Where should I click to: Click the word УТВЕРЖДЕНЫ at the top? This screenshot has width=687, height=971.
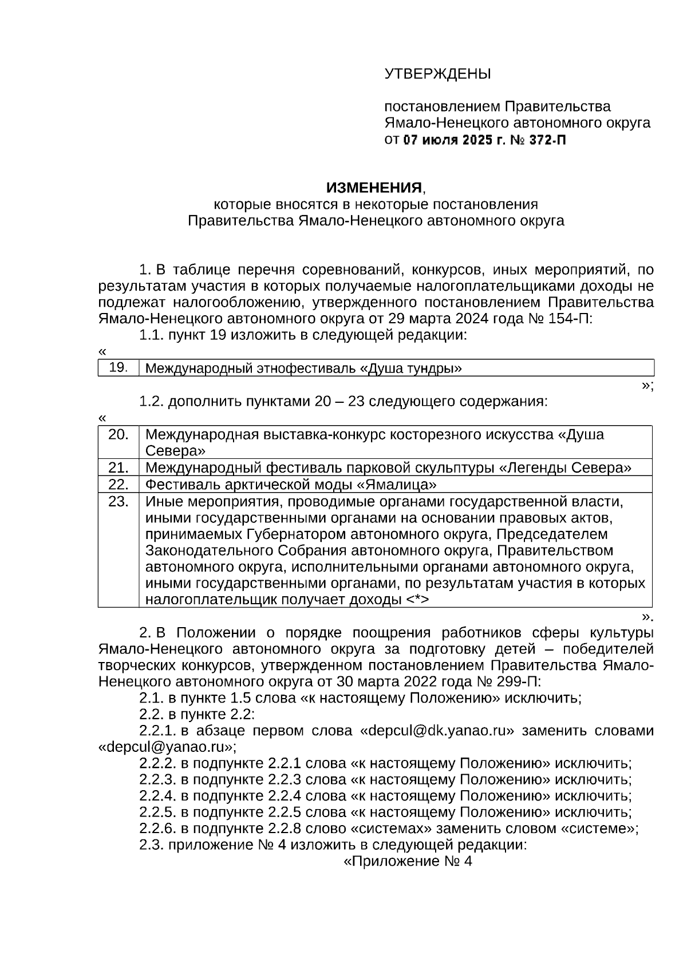coord(437,74)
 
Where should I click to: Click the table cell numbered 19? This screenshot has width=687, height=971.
coord(118,367)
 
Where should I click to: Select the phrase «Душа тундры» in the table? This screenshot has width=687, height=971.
coord(410,368)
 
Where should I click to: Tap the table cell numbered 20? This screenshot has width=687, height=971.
coord(118,434)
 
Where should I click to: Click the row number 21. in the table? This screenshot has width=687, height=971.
coord(118,467)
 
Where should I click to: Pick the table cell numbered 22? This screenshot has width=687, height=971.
coord(118,484)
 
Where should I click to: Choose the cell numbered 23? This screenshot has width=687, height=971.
coord(118,501)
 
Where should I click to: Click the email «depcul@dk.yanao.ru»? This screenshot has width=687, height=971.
coord(436,731)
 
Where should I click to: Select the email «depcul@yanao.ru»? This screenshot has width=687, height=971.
coord(166,747)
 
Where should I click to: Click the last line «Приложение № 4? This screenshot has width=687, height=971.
coord(407,862)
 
